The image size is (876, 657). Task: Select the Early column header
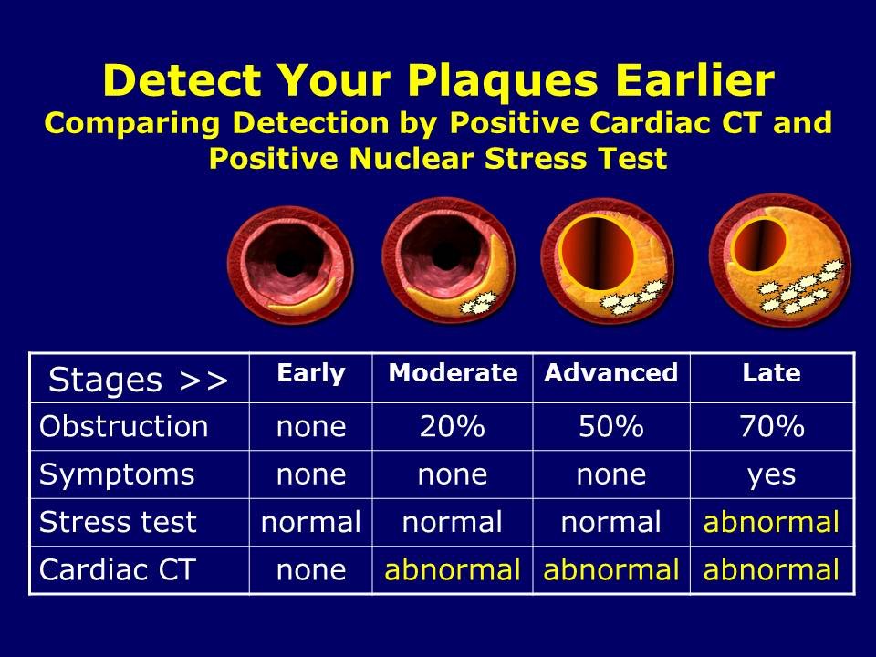pyautogui.click(x=311, y=373)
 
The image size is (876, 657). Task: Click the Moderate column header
pyautogui.click(x=453, y=373)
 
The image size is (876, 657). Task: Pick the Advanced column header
pyautogui.click(x=611, y=373)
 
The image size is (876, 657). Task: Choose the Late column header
pyautogui.click(x=771, y=373)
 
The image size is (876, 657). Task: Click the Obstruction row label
pyautogui.click(x=124, y=426)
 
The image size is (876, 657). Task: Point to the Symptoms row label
pyautogui.click(x=117, y=474)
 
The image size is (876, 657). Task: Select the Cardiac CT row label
pyautogui.click(x=117, y=569)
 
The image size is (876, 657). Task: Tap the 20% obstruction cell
pyautogui.click(x=453, y=426)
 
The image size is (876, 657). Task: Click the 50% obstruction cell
pyautogui.click(x=611, y=426)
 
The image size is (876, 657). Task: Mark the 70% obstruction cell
pyautogui.click(x=771, y=426)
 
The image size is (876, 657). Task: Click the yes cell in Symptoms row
pyautogui.click(x=771, y=474)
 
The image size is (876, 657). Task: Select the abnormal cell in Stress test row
pyautogui.click(x=771, y=522)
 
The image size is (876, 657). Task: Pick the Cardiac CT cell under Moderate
pyautogui.click(x=453, y=569)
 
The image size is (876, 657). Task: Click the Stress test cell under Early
pyautogui.click(x=311, y=522)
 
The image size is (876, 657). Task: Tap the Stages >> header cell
pyautogui.click(x=138, y=378)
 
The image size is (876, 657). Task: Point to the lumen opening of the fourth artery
pyautogui.click(x=759, y=240)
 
